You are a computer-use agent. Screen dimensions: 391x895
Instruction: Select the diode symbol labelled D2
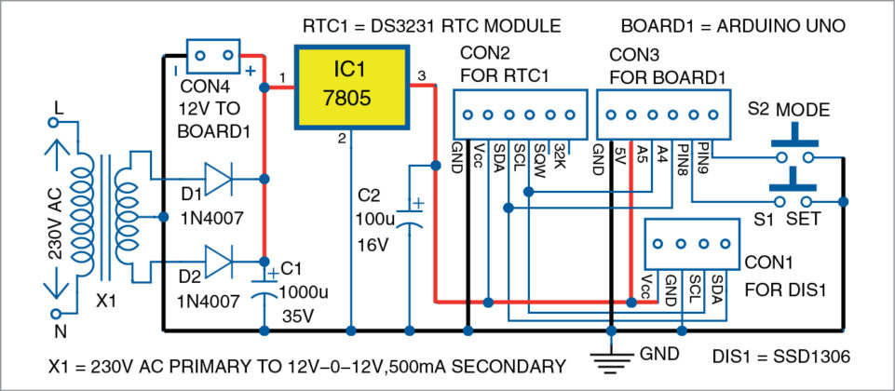217,262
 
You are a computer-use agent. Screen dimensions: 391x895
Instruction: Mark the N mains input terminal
58,317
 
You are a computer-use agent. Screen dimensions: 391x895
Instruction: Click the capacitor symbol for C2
411,217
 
